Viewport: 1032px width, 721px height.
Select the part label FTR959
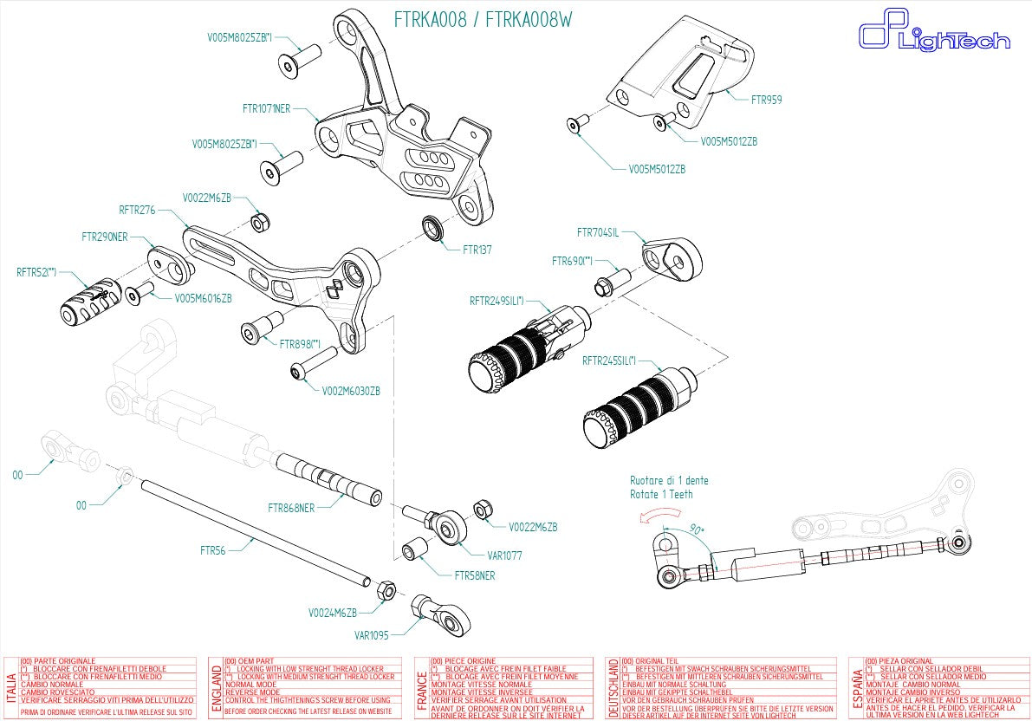coord(766,100)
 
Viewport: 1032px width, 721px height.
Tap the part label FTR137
coord(477,249)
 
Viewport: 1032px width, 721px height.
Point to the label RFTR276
coord(137,210)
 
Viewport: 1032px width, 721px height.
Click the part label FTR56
coord(213,550)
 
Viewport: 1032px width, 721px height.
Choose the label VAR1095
coord(373,634)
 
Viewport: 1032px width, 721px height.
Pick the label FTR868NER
coord(291,507)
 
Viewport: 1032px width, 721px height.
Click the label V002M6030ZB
coord(351,391)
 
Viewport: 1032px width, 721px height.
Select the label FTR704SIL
coord(598,232)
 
